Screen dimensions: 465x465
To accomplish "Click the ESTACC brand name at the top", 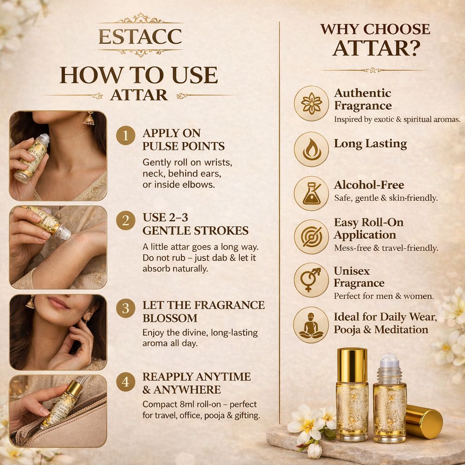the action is pyautogui.click(x=140, y=36).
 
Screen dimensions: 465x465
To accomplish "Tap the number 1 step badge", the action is pyautogui.click(x=125, y=135).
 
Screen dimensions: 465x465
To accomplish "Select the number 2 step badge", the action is pyautogui.click(x=125, y=220).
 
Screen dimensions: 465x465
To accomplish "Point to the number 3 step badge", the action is pyautogui.click(x=125, y=308).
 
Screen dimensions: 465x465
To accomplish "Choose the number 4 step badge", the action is pyautogui.click(x=125, y=381).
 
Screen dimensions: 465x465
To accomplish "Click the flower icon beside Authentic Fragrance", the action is pyautogui.click(x=312, y=103).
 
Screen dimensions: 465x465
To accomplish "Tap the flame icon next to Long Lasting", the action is pyautogui.click(x=312, y=149).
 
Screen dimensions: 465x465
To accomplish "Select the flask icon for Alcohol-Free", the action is pyautogui.click(x=312, y=193).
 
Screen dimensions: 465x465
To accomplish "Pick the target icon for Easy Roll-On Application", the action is pyautogui.click(x=312, y=237).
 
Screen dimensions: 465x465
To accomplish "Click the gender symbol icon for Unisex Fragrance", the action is pyautogui.click(x=312, y=280).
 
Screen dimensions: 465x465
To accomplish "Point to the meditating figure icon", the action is pyautogui.click(x=311, y=325).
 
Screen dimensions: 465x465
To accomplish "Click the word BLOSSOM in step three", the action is pyautogui.click(x=170, y=318).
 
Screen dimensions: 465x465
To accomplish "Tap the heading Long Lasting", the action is pyautogui.click(x=371, y=144).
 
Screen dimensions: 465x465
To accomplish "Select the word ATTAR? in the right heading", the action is pyautogui.click(x=376, y=48).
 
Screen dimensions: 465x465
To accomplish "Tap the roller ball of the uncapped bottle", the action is pyautogui.click(x=390, y=360).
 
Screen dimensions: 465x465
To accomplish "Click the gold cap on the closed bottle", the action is pyautogui.click(x=352, y=366).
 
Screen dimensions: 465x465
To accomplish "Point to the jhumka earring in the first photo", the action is pyautogui.click(x=89, y=119).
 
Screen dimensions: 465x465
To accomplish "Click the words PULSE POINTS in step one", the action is pyautogui.click(x=183, y=146).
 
